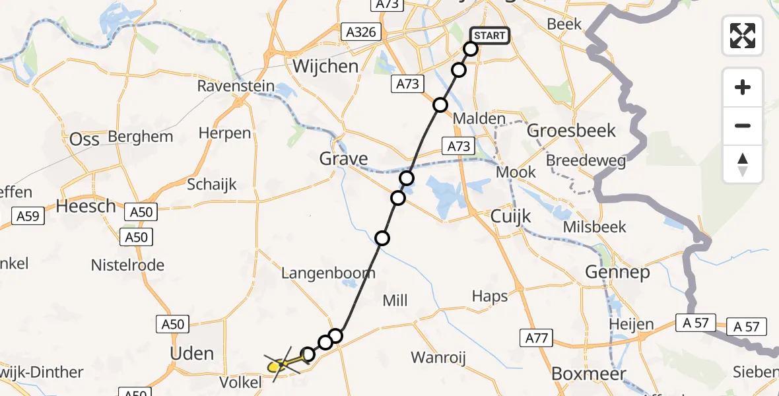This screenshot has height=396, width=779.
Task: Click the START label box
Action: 489,35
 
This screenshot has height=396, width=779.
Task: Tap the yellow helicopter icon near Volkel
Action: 281,363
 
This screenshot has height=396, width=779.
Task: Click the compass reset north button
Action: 743,164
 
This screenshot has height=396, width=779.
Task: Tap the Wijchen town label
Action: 325,67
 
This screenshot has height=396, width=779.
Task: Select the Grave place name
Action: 343,158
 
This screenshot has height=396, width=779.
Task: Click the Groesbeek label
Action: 571,131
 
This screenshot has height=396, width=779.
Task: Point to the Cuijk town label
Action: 511,216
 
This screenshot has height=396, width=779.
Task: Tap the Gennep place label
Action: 617,272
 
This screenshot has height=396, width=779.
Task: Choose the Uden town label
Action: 192,353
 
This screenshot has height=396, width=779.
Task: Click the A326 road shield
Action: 361,32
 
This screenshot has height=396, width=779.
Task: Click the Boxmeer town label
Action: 588,374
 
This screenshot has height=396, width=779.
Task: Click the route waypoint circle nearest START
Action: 471,49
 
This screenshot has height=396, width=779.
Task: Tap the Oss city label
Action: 85,139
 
